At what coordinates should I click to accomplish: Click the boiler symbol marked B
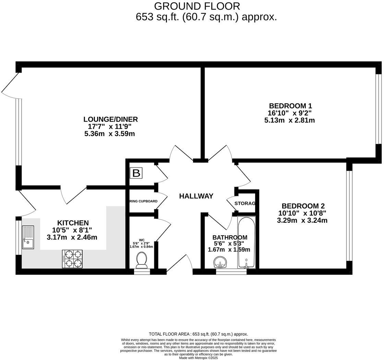pyautogui.click(x=136, y=173)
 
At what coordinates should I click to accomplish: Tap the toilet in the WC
pyautogui.click(x=142, y=260)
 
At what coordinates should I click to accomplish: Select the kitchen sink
pyautogui.click(x=28, y=237)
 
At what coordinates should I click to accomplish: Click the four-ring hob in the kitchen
pyautogui.click(x=72, y=259)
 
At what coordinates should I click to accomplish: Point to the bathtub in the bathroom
pyautogui.click(x=246, y=242)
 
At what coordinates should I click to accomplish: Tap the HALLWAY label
pyautogui.click(x=196, y=196)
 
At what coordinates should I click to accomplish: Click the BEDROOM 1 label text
pyautogui.click(x=290, y=106)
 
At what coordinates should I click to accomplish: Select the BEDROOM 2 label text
pyautogui.click(x=303, y=206)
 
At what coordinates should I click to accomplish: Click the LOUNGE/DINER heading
pyautogui.click(x=110, y=119)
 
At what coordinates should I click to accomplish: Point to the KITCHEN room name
pyautogui.click(x=73, y=223)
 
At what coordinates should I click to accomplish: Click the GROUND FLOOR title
pyautogui.click(x=197, y=6)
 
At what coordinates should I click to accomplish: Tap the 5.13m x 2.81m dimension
pyautogui.click(x=290, y=120)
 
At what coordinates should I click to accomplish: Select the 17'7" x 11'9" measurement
pyautogui.click(x=110, y=126)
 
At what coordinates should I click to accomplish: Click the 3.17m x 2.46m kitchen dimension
pyautogui.click(x=72, y=237)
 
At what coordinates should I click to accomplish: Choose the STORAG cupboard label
pyautogui.click(x=245, y=203)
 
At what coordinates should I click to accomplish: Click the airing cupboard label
pyautogui.click(x=143, y=201)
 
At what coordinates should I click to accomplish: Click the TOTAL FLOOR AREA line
pyautogui.click(x=198, y=334)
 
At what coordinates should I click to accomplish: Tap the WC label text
pyautogui.click(x=142, y=240)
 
